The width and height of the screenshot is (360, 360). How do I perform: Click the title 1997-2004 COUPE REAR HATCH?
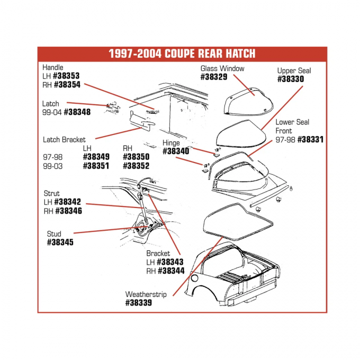pos(182,53)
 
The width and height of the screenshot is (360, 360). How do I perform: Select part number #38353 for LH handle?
pos(66,76)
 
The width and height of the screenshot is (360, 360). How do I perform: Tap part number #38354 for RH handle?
pos(67,84)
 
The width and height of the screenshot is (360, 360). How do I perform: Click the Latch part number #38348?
pos(76,112)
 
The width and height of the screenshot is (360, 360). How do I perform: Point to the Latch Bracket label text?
pos(64,140)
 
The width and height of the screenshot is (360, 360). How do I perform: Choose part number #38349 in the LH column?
pos(96,157)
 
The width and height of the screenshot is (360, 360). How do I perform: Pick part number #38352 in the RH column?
pos(136,166)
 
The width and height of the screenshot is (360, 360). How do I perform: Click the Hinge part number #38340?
pos(176,151)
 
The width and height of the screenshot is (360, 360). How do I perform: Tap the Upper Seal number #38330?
pos(291,79)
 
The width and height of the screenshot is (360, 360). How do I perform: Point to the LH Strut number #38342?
pos(68,202)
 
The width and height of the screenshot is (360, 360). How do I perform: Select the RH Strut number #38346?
pos(69,211)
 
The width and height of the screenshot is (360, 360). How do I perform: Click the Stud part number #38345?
pos(60,242)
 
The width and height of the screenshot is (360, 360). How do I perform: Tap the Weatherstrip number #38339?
pos(139,303)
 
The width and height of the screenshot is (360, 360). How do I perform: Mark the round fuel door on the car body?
pos(194,278)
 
